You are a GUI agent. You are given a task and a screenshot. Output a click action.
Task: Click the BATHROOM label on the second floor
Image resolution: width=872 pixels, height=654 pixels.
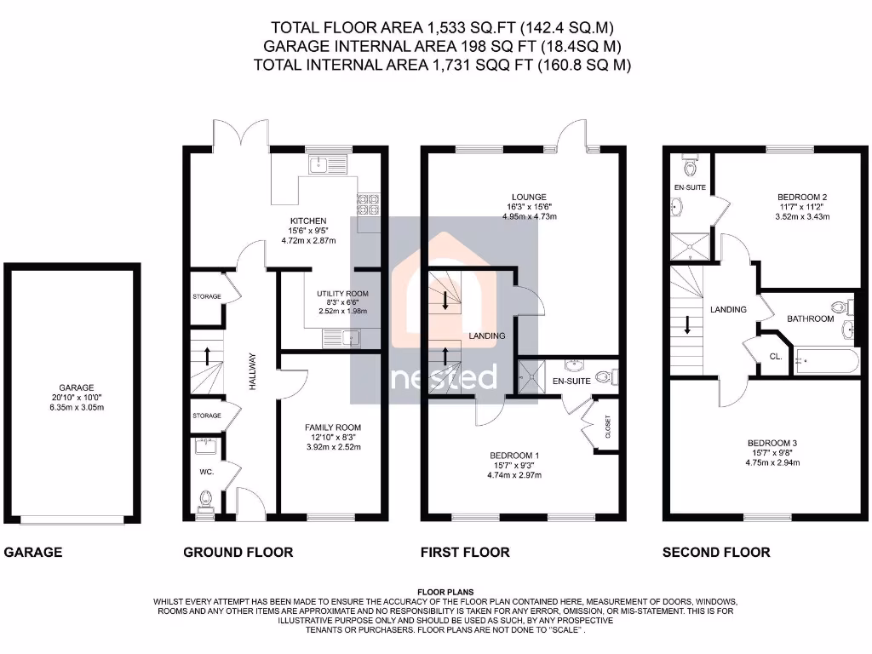(810, 318)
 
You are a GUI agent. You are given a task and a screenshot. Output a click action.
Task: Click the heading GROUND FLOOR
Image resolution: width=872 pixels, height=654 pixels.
(238, 552)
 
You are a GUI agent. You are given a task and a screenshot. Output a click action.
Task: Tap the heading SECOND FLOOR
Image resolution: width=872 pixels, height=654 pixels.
(716, 552)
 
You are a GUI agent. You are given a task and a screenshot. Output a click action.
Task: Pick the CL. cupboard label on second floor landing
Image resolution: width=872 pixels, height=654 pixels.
(776, 357)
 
